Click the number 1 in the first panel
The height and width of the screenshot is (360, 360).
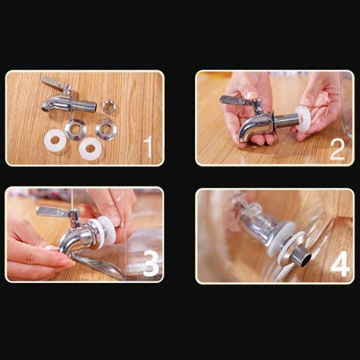(x=149, y=148)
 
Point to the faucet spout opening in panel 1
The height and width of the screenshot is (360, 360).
(x=45, y=107)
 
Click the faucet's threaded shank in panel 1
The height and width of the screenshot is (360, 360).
(x=84, y=106)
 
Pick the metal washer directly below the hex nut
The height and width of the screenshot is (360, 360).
(x=105, y=129)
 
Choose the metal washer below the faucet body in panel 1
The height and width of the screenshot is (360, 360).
(x=75, y=129)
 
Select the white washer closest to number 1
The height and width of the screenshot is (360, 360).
(x=90, y=148)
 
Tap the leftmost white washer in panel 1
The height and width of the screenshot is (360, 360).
(x=54, y=140)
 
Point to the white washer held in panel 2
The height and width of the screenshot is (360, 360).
(x=303, y=120)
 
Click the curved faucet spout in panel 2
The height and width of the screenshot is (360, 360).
(x=250, y=128)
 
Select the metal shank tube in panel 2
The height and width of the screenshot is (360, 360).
(x=285, y=121)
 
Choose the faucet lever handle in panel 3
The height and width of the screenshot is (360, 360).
(x=53, y=211)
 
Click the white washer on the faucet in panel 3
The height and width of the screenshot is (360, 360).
(x=105, y=231)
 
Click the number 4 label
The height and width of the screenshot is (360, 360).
(x=340, y=263)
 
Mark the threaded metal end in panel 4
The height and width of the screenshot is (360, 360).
(x=302, y=255)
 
